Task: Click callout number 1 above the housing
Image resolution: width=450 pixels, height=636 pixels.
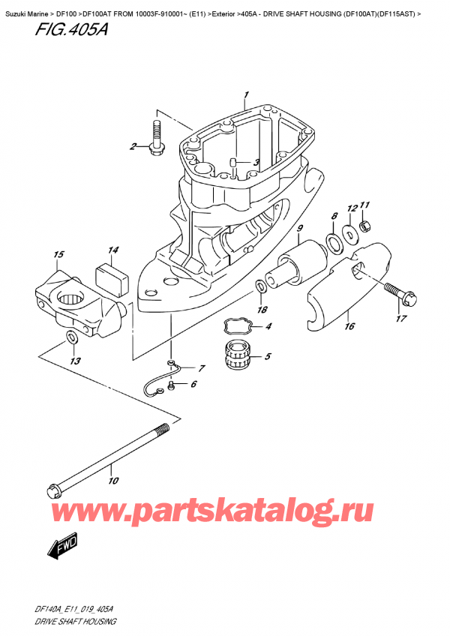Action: click(x=244, y=95)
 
